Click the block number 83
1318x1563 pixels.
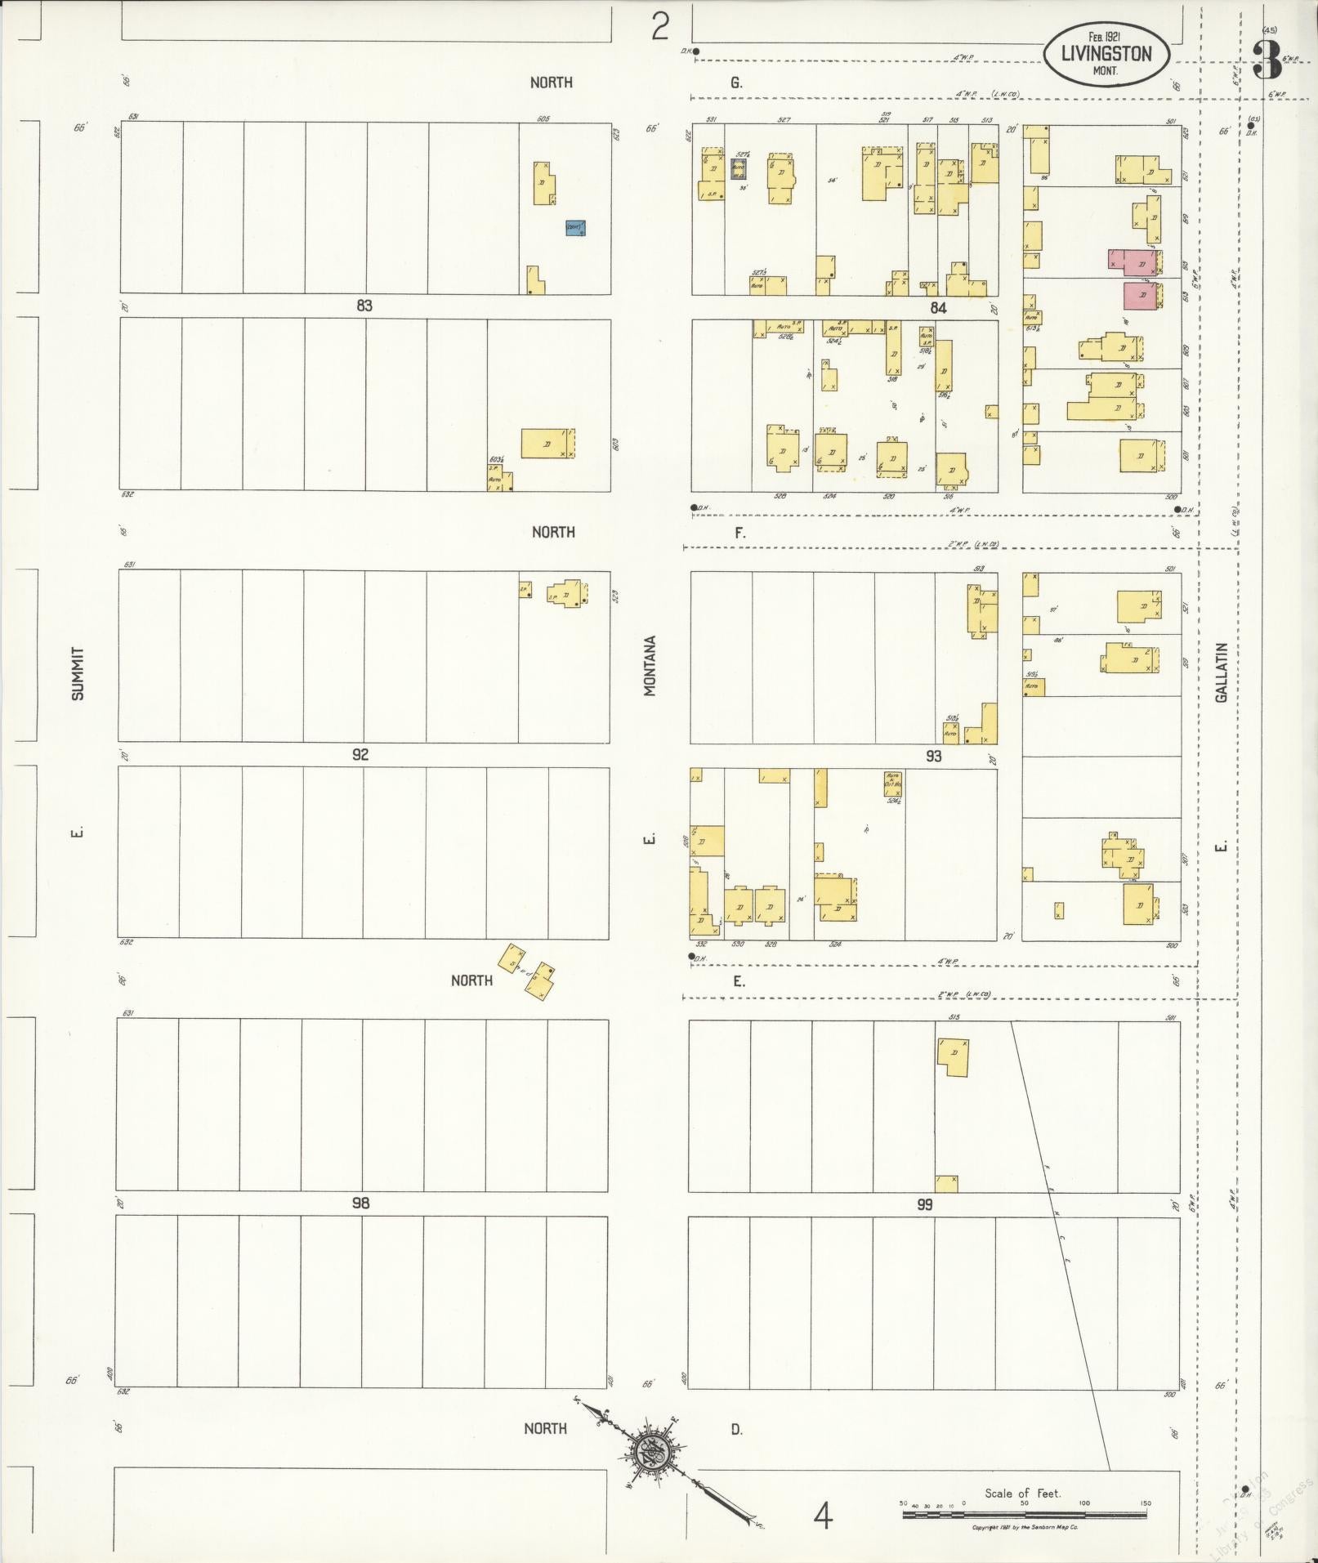pyautogui.click(x=364, y=306)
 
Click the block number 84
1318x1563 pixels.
pyautogui.click(x=937, y=308)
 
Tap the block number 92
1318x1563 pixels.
pyautogui.click(x=360, y=754)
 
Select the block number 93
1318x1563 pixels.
pyautogui.click(x=934, y=757)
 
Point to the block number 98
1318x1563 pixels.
pyautogui.click(x=360, y=1203)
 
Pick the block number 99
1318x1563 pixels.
pyautogui.click(x=924, y=1204)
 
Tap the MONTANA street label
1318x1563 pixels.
pyautogui.click(x=650, y=666)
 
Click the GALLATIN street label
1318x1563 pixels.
pyautogui.click(x=1222, y=672)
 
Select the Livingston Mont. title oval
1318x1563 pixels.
pyautogui.click(x=1106, y=54)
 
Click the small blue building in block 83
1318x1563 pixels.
pyautogui.click(x=576, y=228)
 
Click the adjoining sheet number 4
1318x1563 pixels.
pyautogui.click(x=823, y=1516)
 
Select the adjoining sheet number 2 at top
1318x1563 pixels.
pyautogui.click(x=660, y=28)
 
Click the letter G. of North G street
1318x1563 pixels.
pyautogui.click(x=736, y=83)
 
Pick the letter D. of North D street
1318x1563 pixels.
pyautogui.click(x=736, y=1429)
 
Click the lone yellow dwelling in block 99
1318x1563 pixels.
pyautogui.click(x=953, y=1056)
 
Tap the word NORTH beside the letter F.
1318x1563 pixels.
pyautogui.click(x=553, y=532)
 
